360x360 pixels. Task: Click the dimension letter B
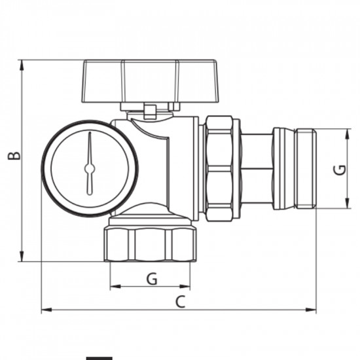pyautogui.click(x=13, y=155)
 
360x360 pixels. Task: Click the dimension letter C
pyautogui.click(x=181, y=302)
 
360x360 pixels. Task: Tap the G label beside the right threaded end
pyautogui.click(x=339, y=170)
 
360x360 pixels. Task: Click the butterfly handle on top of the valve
pyautogui.click(x=130, y=82)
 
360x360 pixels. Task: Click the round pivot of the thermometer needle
pyautogui.click(x=90, y=168)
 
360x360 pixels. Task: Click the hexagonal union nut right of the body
pyautogui.click(x=219, y=167)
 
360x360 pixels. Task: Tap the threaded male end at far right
pyautogui.click(x=305, y=169)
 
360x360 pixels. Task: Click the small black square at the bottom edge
pyautogui.click(x=99, y=357)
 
